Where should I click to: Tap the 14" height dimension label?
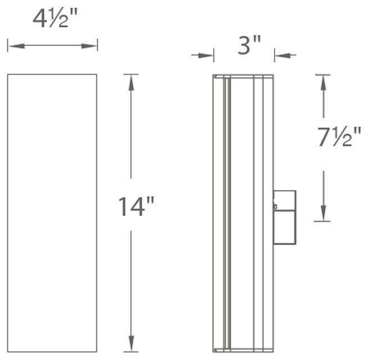[136, 206]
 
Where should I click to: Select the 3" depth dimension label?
[249, 45]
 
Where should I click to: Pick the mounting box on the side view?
[284, 217]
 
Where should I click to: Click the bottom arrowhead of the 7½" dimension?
[322, 215]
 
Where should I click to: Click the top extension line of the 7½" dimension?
[322, 74]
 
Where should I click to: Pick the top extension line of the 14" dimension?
[131, 74]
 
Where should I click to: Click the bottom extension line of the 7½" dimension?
[322, 221]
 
